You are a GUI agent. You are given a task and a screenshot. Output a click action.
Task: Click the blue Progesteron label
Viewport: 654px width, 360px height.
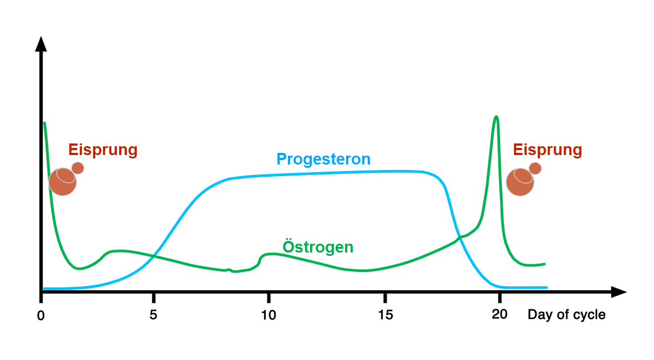click(x=323, y=160)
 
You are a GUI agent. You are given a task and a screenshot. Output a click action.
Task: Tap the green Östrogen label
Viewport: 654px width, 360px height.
click(x=318, y=246)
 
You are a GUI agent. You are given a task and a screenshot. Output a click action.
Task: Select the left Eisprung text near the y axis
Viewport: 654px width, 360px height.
click(x=103, y=150)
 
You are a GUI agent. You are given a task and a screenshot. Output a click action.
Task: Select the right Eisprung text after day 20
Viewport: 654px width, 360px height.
click(x=547, y=150)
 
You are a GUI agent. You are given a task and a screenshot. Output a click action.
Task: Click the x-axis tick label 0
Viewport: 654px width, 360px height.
click(x=40, y=315)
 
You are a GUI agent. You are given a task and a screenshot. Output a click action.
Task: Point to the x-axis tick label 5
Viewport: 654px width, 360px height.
click(x=153, y=315)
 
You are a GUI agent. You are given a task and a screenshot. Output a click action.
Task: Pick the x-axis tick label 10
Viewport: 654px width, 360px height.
click(x=269, y=315)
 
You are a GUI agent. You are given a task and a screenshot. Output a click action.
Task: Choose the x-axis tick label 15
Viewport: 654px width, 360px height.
click(x=385, y=315)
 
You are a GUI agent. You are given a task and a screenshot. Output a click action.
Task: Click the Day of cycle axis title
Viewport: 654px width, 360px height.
click(x=567, y=315)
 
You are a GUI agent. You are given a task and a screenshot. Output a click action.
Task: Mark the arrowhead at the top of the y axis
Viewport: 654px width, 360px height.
click(x=41, y=44)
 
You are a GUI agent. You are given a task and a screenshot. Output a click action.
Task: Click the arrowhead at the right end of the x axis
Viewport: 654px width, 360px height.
click(x=619, y=292)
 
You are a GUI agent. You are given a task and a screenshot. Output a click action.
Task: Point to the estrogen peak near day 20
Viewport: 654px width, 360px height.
click(x=496, y=117)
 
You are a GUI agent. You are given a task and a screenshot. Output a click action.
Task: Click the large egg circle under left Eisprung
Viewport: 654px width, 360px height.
click(x=63, y=182)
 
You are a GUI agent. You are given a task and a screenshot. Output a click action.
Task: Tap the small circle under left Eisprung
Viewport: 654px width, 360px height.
click(x=78, y=168)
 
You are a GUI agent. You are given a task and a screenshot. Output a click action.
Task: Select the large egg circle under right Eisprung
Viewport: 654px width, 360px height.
click(x=520, y=182)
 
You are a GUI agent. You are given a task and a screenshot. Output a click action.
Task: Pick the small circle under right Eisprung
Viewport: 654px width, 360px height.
click(x=535, y=168)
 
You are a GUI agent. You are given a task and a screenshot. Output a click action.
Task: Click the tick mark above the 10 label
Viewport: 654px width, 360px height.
click(x=269, y=297)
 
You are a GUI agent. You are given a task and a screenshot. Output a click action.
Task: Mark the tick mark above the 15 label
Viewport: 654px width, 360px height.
click(x=385, y=297)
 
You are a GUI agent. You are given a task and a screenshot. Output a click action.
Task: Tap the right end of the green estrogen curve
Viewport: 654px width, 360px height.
click(x=545, y=264)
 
